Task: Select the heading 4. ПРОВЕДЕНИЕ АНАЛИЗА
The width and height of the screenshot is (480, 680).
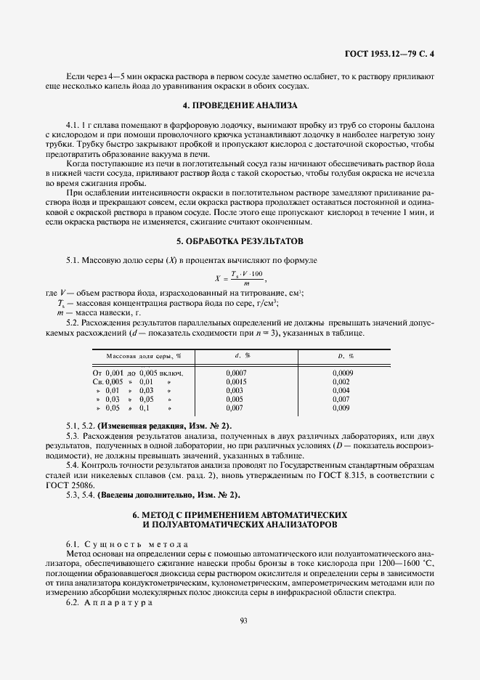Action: click(x=240, y=106)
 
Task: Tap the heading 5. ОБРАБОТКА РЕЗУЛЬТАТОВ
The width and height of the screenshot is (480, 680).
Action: click(x=240, y=240)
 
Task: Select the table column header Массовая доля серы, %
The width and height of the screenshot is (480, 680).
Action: click(x=144, y=356)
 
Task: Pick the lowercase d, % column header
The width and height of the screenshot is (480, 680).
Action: click(x=243, y=356)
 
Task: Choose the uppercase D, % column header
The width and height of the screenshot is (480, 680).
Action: click(x=345, y=356)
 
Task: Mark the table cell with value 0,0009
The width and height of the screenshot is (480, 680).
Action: click(x=342, y=372)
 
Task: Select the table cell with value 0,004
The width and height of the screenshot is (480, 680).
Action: click(x=341, y=390)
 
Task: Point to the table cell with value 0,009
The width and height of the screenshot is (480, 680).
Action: click(x=341, y=408)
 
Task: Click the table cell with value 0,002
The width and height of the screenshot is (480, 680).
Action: click(x=341, y=381)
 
